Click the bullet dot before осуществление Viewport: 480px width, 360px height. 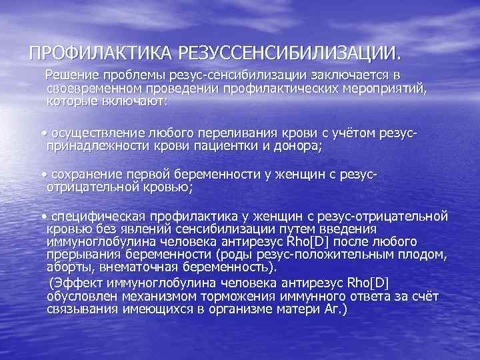(x=44, y=133)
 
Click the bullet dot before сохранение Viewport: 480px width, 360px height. (x=44, y=174)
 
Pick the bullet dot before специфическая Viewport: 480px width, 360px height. (x=44, y=216)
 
